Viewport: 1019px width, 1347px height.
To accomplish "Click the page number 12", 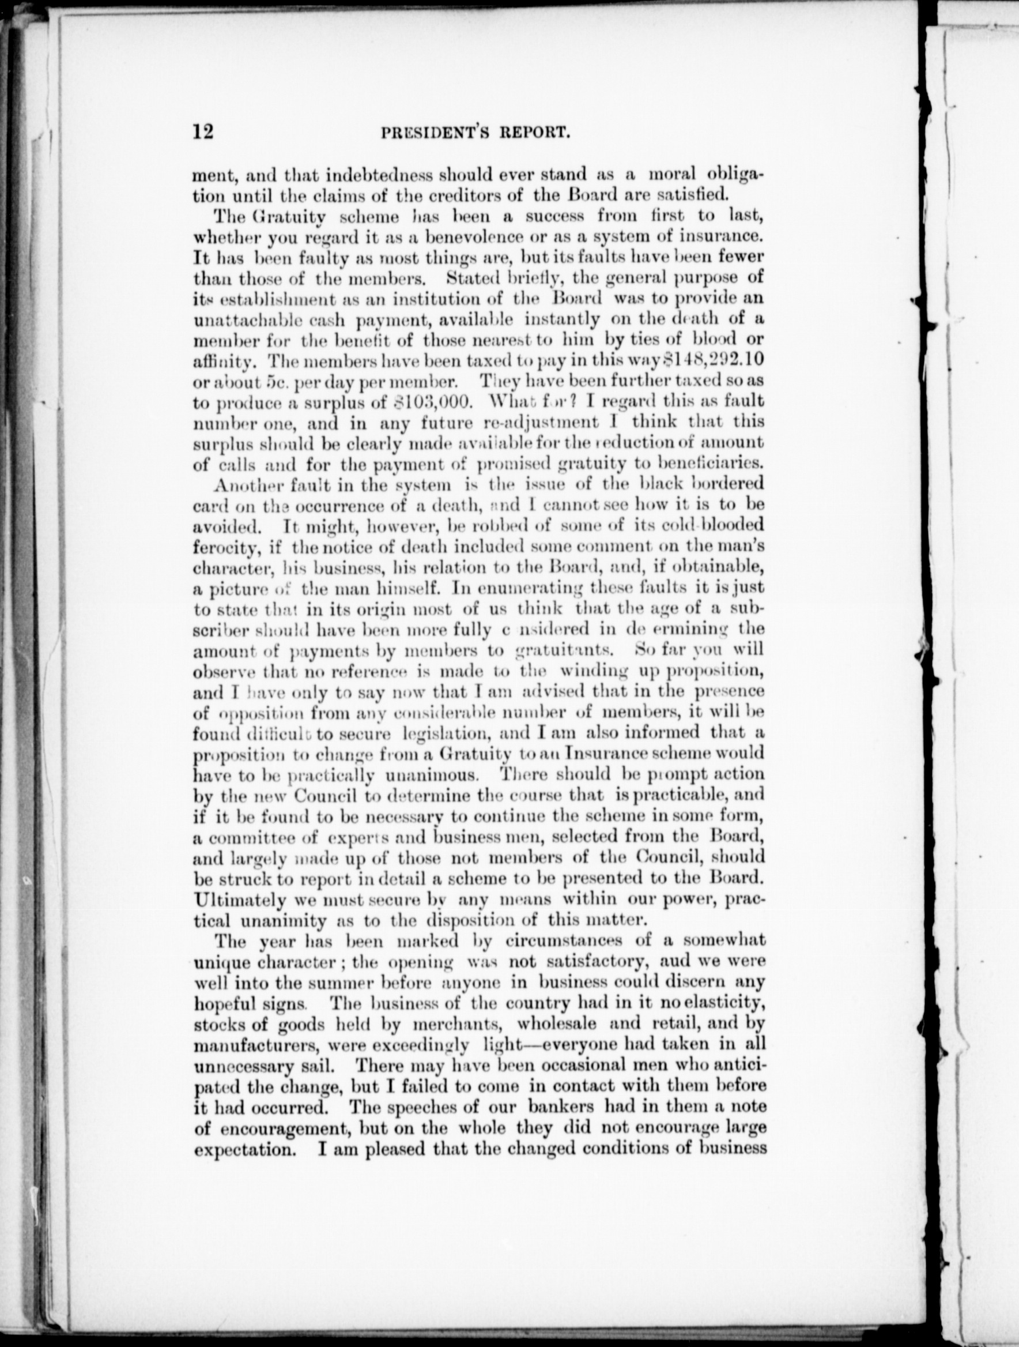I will (x=203, y=131).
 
